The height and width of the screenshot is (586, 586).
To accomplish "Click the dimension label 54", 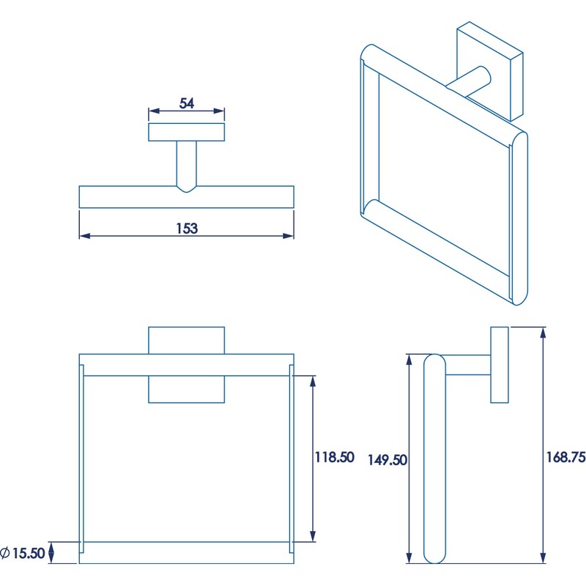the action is [187, 103].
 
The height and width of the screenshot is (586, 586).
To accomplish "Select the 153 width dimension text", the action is [187, 228].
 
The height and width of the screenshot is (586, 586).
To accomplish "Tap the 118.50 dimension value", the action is [334, 457].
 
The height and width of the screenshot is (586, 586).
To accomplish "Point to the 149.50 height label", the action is [387, 460].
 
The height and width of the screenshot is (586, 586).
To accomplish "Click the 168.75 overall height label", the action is [565, 457].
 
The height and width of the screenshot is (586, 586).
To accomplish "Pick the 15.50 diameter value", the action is [29, 553].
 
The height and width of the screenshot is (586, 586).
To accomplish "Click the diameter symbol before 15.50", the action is [5, 553].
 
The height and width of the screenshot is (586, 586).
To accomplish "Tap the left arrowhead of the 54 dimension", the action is [154, 111].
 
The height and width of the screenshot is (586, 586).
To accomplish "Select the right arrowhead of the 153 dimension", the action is [289, 236].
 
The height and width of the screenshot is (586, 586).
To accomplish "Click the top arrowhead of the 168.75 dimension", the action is [544, 333].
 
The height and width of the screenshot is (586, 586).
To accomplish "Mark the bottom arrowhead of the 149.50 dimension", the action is [409, 557].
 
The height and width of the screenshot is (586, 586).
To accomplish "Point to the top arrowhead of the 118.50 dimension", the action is [314, 381].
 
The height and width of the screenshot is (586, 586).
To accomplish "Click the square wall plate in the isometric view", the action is [490, 71].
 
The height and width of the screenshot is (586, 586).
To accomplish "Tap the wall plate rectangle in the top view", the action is [187, 132].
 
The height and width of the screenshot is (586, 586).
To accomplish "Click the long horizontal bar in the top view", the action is [187, 197].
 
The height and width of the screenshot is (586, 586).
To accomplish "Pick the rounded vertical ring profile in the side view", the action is [434, 459].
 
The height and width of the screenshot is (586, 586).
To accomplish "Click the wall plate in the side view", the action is [500, 365].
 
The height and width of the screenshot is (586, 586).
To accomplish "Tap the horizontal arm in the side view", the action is [467, 365].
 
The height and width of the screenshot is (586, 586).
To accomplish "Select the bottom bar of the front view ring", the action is [187, 552].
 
